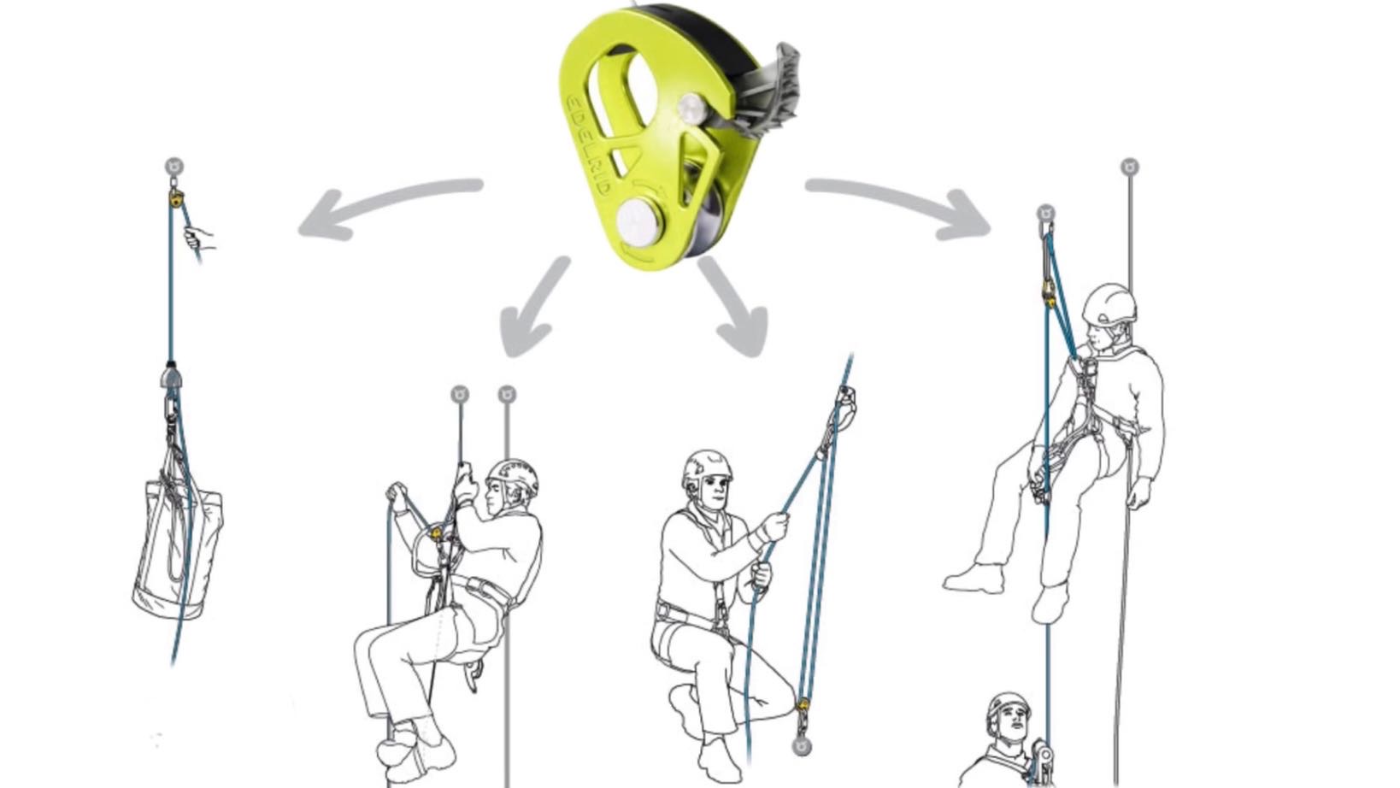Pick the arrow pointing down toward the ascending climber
tap(534, 306)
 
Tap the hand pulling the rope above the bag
tap(199, 238)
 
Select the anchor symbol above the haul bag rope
tap(174, 167)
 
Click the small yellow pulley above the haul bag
tap(175, 199)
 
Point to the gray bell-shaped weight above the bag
tap(171, 377)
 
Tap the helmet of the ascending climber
tap(514, 476)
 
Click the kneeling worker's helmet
tap(706, 468)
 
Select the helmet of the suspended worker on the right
tap(1109, 304)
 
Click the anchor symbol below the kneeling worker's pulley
tap(802, 745)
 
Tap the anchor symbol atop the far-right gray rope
tap(1130, 167)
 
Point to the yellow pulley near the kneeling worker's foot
tap(803, 705)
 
